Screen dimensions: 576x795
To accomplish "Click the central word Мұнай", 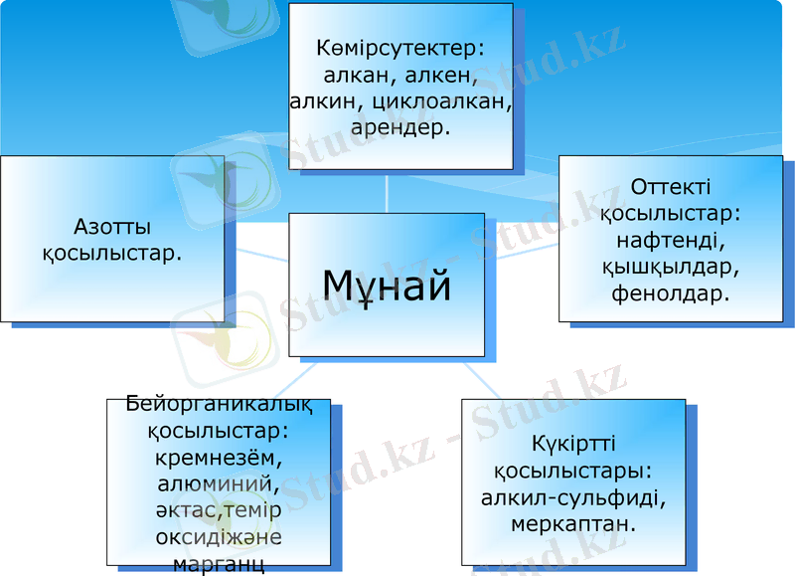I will click(387, 286).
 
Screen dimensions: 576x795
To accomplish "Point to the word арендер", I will click(401, 126).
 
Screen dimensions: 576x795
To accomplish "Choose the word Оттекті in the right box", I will click(671, 187).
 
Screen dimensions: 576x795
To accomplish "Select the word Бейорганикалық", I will click(220, 405).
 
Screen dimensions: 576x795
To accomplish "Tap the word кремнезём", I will click(220, 459).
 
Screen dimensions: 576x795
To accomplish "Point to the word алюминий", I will click(219, 485).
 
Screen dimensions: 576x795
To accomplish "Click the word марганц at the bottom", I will click(219, 564).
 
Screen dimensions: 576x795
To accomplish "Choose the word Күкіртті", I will click(572, 443).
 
